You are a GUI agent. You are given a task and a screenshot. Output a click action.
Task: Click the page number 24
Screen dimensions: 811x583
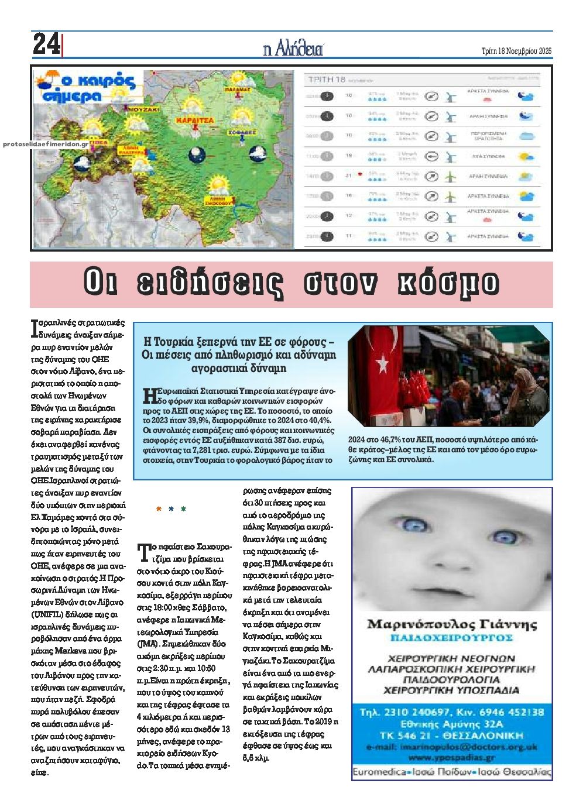coord(46,44)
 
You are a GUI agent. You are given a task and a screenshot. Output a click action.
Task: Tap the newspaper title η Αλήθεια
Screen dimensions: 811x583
coord(293,49)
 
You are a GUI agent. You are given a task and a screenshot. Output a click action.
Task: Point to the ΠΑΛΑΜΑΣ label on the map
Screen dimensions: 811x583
coord(238,90)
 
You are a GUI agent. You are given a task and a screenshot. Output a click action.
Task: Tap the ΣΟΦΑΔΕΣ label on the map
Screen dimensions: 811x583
coord(242,133)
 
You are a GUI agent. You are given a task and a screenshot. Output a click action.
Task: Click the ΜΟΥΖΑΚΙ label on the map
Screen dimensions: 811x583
coord(143,109)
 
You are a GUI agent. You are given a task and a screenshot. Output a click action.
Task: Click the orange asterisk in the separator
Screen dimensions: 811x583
coord(158,509)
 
